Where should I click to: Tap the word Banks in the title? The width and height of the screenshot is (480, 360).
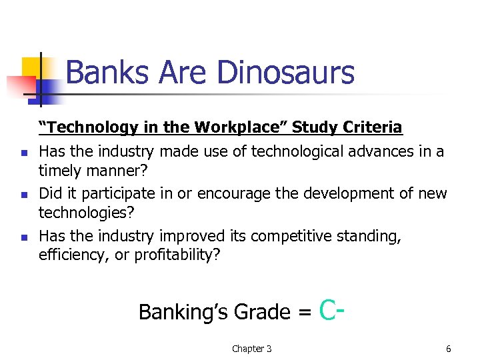click(x=105, y=73)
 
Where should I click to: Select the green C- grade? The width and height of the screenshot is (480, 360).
click(x=331, y=309)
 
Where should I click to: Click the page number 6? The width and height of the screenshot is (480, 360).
click(x=449, y=349)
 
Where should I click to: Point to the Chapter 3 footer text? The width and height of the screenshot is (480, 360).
click(x=251, y=349)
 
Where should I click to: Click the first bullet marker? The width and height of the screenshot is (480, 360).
click(x=23, y=153)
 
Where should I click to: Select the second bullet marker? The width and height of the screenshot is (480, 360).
click(x=23, y=195)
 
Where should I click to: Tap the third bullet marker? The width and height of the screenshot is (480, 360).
click(x=23, y=237)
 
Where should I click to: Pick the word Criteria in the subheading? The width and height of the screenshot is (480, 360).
click(x=374, y=127)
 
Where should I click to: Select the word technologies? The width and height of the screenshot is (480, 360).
click(x=82, y=213)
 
